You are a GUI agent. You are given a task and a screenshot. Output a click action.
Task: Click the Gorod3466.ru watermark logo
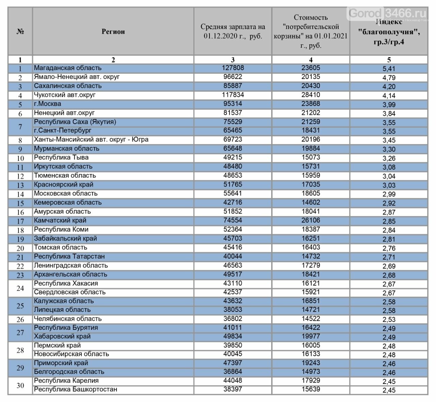tap(387, 14)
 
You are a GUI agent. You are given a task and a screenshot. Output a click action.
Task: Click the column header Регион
tap(113, 32)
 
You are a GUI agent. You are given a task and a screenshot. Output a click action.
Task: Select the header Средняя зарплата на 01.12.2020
tap(233, 31)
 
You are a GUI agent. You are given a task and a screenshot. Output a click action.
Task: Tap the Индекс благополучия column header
tap(389, 32)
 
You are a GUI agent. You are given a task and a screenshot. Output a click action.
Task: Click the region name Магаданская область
tap(67, 68)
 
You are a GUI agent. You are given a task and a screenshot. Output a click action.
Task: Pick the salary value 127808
tap(233, 68)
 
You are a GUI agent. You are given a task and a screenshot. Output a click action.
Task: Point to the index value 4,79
tap(389, 77)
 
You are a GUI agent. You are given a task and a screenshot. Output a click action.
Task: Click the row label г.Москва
tap(47, 104)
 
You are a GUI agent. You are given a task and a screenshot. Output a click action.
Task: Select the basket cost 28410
tap(311, 95)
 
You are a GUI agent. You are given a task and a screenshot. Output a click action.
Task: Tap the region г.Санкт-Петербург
tap(63, 130)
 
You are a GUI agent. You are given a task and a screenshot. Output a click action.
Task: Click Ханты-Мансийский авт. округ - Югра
tap(91, 139)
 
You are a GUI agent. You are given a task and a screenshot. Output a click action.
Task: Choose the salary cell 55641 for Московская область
tap(233, 193)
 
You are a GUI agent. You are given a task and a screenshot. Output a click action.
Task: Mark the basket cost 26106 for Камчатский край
tap(311, 220)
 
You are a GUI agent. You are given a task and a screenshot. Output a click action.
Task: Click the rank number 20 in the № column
tap(20, 248)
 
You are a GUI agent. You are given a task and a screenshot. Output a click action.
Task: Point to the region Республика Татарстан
tap(69, 256)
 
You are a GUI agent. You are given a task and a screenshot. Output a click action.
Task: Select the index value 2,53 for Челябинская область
tap(389, 319)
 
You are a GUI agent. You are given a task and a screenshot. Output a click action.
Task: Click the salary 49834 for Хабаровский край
tap(233, 336)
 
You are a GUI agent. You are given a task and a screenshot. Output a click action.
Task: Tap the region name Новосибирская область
tap(71, 354)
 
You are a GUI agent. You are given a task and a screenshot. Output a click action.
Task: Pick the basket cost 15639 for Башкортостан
tap(311, 389)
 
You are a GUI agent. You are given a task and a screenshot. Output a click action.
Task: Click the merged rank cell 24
tap(20, 288)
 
